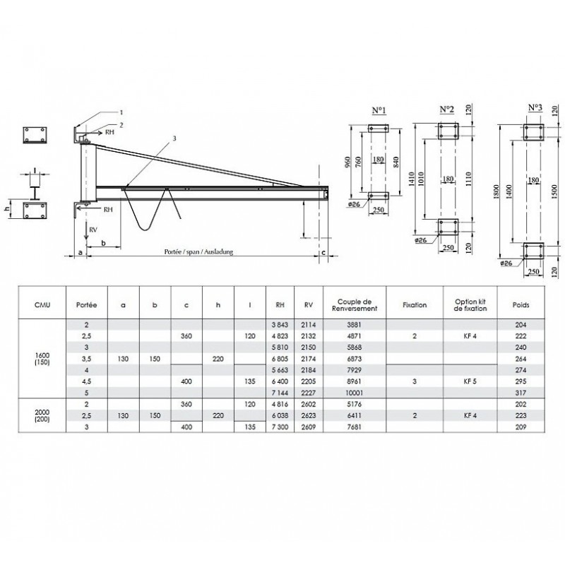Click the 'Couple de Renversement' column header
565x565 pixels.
click(355, 305)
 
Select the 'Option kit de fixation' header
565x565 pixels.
click(470, 305)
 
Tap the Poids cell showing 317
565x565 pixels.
click(521, 393)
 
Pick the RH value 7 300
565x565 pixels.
click(280, 427)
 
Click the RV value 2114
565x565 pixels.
click(309, 325)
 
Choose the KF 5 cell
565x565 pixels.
click(470, 381)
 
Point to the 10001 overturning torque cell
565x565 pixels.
click(355, 393)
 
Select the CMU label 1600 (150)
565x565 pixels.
click(42, 359)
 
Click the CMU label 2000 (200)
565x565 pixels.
click(42, 415)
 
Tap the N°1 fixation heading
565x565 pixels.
click(379, 110)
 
